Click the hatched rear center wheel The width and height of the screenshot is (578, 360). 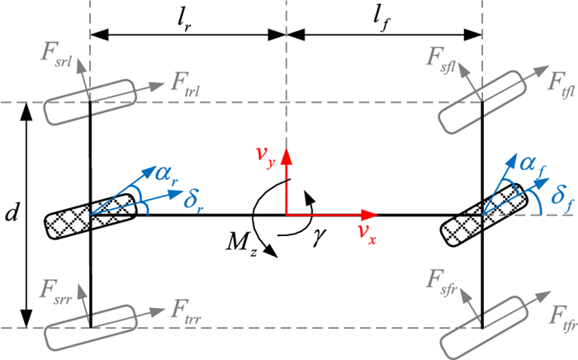(90, 216)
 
